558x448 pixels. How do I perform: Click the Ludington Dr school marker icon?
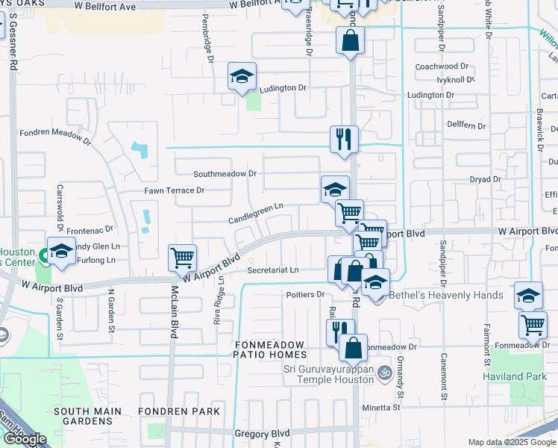242,77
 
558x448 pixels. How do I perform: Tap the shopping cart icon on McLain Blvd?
182,258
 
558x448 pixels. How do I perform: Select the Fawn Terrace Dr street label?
174,190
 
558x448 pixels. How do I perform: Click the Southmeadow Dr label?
225,173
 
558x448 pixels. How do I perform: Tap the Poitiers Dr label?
305,294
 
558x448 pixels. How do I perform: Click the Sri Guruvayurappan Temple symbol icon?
384,372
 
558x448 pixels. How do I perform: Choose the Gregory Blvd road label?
261,433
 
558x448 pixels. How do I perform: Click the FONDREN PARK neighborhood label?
182,411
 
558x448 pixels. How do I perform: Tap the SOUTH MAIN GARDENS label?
83,416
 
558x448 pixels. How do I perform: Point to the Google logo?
24,439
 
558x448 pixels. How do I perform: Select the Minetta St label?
383,407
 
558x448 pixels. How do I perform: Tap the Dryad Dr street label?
485,180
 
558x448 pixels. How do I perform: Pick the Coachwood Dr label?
442,66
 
